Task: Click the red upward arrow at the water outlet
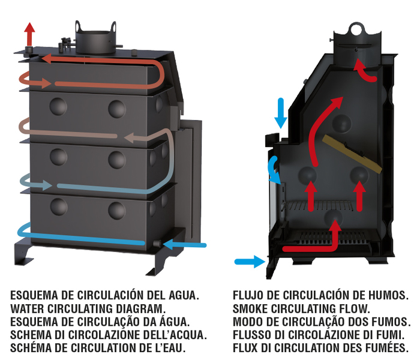pos(29,34)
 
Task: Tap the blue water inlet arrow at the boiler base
pos(184,245)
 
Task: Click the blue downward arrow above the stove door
pos(281,113)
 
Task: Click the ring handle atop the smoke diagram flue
pos(356,29)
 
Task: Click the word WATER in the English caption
pos(28,308)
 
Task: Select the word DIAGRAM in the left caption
pos(141,308)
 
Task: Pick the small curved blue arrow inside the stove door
pos(274,170)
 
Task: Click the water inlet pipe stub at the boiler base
pos(157,243)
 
